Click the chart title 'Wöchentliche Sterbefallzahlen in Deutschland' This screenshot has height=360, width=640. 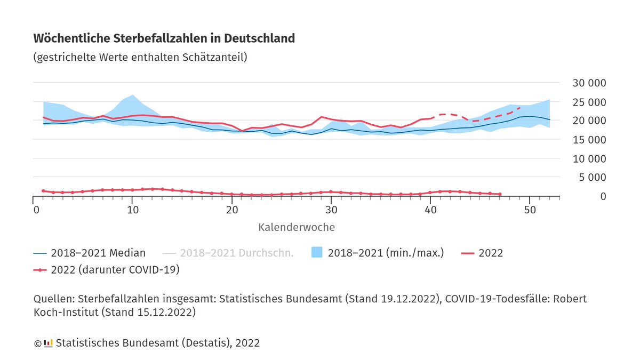pyautogui.click(x=164, y=39)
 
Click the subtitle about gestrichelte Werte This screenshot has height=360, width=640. pyautogui.click(x=140, y=57)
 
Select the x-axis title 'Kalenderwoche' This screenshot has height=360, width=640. pyautogui.click(x=297, y=227)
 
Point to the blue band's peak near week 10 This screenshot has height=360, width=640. pyautogui.click(x=132, y=95)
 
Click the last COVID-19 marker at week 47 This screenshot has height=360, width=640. pyautogui.click(x=499, y=194)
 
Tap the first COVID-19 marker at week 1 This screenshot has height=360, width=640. pyautogui.click(x=43, y=190)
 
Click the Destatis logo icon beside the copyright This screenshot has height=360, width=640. pyautogui.click(x=48, y=343)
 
